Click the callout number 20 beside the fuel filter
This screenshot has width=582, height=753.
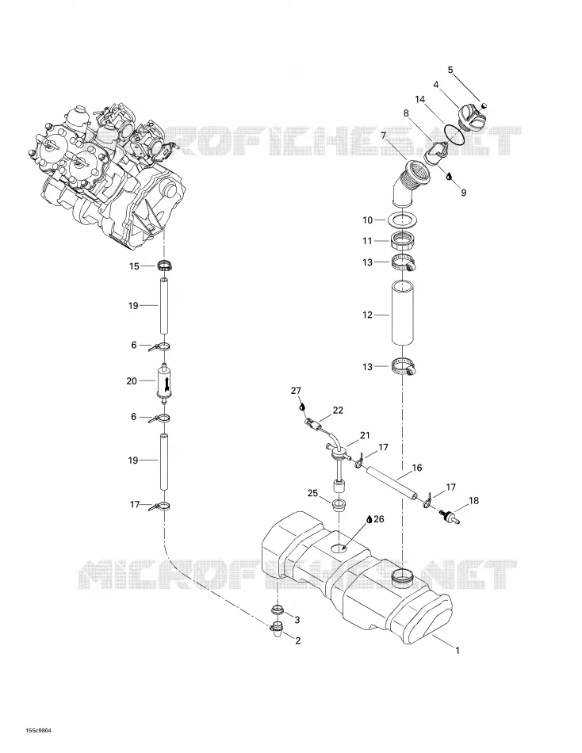click(x=132, y=380)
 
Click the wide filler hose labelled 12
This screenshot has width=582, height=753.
click(x=402, y=312)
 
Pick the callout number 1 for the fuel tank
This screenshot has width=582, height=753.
click(x=458, y=651)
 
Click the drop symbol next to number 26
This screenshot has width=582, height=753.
click(x=369, y=519)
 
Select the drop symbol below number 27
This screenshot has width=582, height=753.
click(x=302, y=407)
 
